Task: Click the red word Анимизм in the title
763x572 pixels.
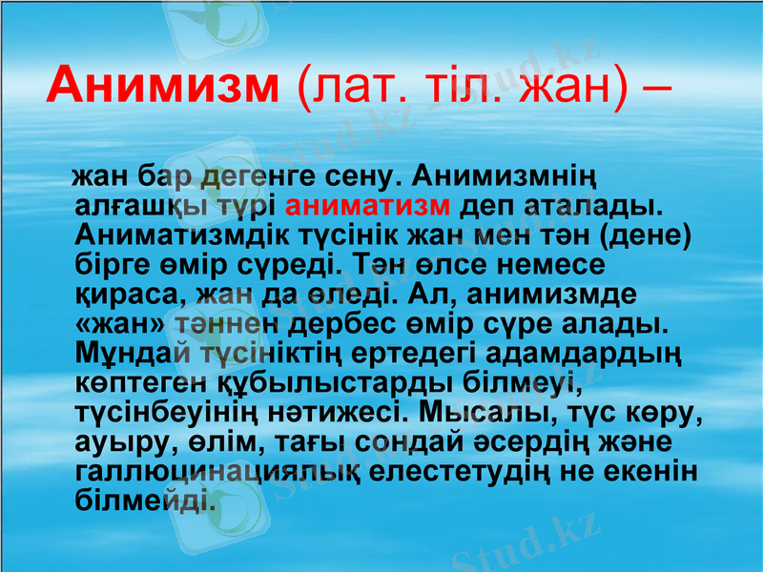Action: coord(162,86)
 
